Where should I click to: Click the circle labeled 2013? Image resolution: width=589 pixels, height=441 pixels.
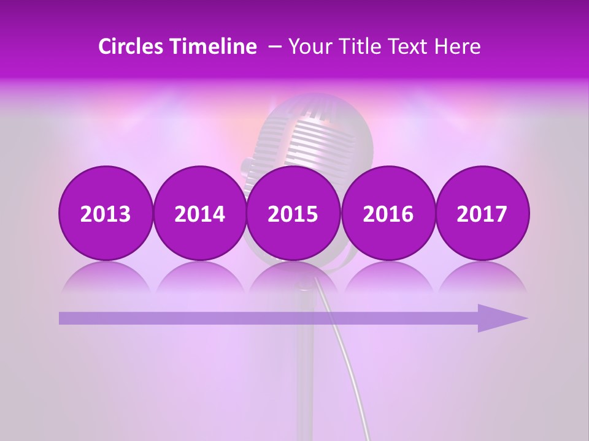[x=106, y=213]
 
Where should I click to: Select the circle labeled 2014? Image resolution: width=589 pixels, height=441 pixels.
[x=199, y=213]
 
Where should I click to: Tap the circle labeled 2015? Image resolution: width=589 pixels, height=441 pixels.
[x=293, y=213]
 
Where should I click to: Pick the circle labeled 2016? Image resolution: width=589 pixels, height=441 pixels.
[x=388, y=213]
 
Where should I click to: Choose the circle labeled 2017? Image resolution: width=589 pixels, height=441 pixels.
[x=482, y=213]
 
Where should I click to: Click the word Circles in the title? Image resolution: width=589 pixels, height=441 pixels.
[x=131, y=47]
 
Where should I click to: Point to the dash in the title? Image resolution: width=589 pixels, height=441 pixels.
[x=275, y=47]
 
